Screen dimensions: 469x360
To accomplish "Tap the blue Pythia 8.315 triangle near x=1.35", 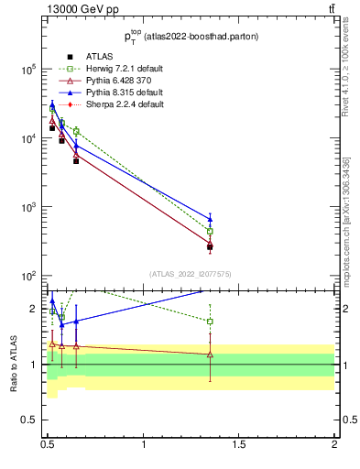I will [210, 219].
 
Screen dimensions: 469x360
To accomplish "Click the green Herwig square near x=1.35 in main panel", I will [210, 232].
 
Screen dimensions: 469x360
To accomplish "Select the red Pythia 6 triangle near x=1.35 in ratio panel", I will [210, 354].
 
